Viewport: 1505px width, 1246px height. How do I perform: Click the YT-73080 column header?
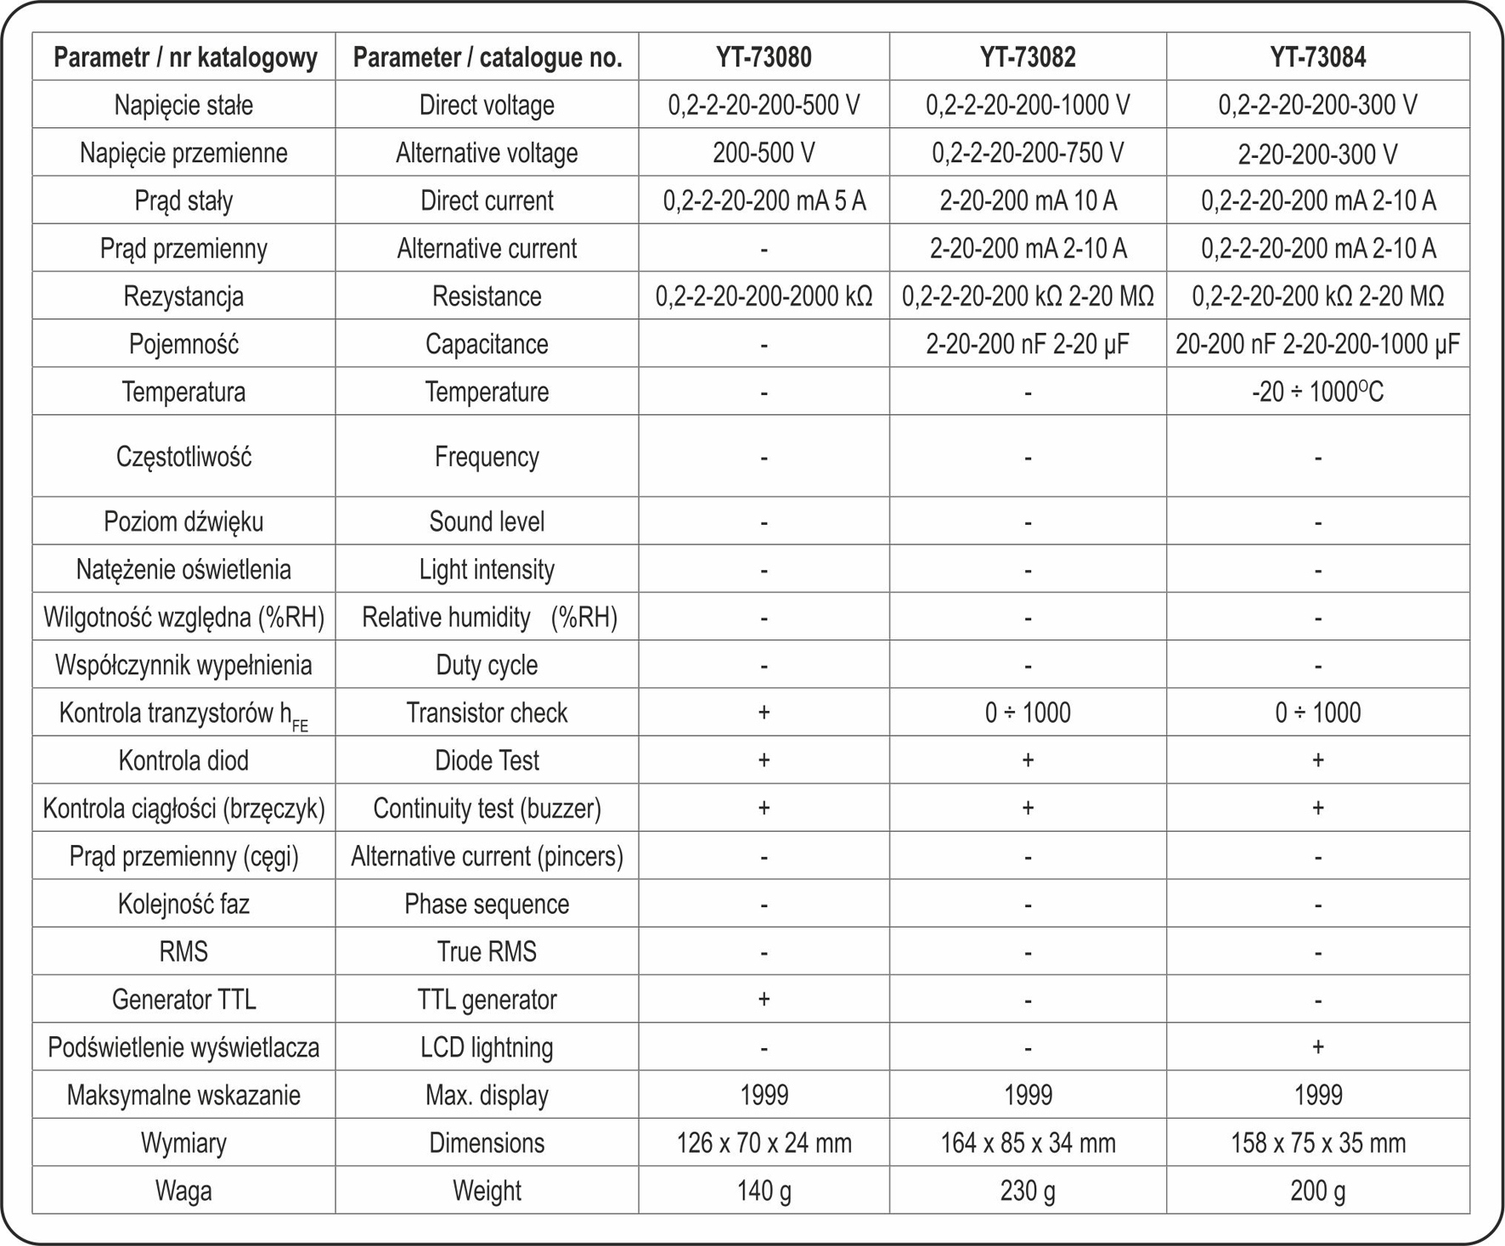pos(764,57)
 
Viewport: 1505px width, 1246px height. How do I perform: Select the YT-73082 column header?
pos(1028,57)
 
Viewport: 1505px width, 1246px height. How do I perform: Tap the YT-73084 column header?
pos(1317,57)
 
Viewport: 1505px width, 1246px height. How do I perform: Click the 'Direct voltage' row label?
pos(487,105)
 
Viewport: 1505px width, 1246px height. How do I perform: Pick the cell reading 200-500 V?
pos(764,153)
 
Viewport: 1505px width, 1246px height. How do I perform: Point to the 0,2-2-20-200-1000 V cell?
pos(1028,105)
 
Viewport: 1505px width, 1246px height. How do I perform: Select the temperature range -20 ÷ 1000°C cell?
pos(1317,392)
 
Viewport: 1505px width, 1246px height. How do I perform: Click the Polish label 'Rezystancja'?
pos(183,296)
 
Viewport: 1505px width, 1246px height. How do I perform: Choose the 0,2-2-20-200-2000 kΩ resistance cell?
pos(764,296)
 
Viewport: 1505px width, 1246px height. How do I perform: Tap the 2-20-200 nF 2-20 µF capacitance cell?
pos(1028,344)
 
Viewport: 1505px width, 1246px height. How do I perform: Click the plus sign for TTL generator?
pos(764,999)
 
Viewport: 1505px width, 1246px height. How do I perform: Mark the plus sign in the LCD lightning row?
pos(1317,1046)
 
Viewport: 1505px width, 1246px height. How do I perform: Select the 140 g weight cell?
pos(764,1191)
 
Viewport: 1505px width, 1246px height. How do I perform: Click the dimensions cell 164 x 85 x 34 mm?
pos(1028,1143)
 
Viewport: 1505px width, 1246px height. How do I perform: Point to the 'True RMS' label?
pos(487,951)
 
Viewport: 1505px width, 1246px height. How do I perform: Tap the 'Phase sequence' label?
pos(487,904)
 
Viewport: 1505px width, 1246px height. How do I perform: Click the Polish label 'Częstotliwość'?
pos(183,457)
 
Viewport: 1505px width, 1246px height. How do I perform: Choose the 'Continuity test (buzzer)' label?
pos(487,808)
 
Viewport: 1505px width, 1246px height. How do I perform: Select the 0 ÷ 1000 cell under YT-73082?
pos(1028,713)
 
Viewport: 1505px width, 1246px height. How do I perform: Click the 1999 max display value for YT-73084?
pos(1317,1095)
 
